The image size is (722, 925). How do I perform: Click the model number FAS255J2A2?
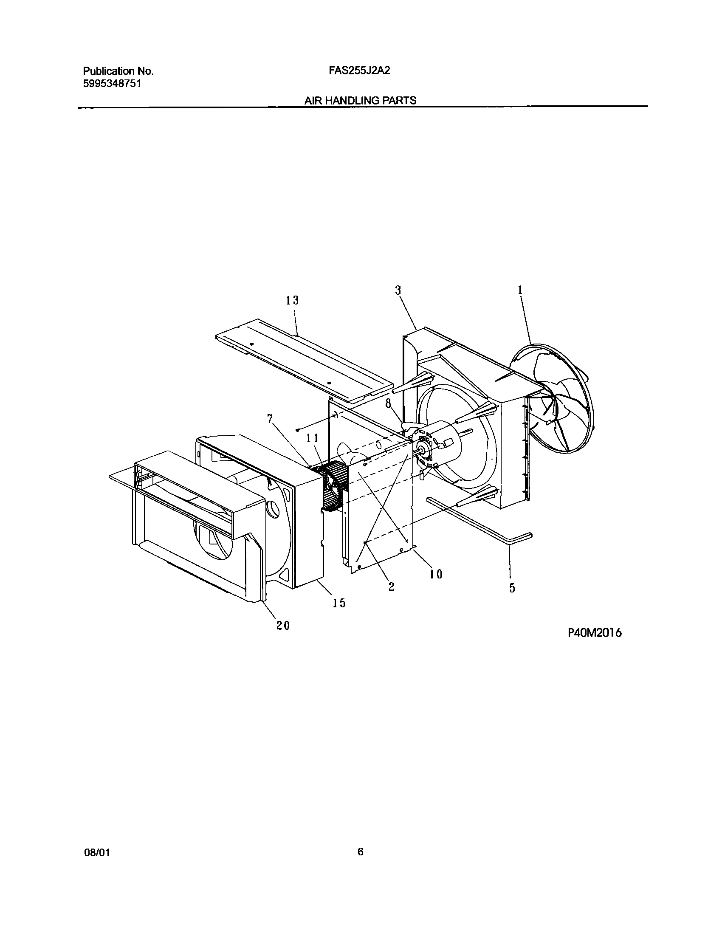point(359,71)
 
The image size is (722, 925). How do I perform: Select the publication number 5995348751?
point(112,83)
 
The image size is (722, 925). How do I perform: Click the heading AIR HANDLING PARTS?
point(360,101)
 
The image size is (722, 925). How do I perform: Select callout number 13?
point(292,301)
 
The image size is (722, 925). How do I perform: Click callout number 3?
point(398,290)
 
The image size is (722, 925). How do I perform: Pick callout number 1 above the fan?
point(520,290)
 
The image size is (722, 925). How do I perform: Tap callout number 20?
point(283,625)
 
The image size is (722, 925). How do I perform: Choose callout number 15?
point(339,603)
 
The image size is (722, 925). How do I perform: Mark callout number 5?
point(512,588)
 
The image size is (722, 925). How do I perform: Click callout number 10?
point(436,574)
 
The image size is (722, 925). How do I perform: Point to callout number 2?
point(391,587)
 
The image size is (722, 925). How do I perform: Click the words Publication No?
point(118,71)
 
